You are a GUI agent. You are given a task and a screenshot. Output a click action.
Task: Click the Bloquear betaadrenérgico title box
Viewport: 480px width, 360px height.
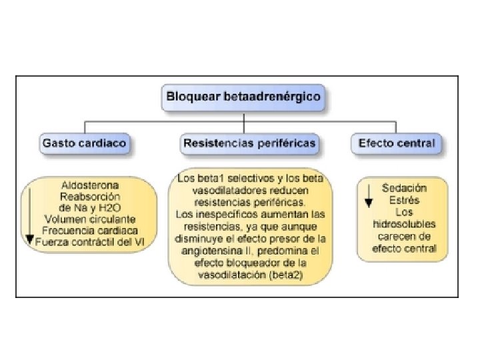pos(243,97)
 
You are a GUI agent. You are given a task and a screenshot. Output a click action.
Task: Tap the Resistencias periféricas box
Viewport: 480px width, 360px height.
pos(249,143)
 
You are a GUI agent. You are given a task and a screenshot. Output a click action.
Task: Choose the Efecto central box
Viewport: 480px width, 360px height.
pos(396,143)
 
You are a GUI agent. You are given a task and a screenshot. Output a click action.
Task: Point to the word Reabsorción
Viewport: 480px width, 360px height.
pos(90,197)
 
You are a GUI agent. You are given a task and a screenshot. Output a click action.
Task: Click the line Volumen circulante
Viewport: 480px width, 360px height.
pos(90,219)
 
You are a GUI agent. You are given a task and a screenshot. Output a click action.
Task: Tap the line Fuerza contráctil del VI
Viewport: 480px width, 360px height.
pos(93,241)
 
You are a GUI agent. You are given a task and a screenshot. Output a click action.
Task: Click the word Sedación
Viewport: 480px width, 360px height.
pos(404,189)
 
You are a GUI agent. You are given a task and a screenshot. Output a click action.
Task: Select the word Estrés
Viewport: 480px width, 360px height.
pos(404,200)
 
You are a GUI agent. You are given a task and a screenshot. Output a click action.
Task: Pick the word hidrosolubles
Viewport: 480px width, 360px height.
pos(405,225)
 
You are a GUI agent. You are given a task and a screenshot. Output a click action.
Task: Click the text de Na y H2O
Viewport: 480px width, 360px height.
pos(90,208)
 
